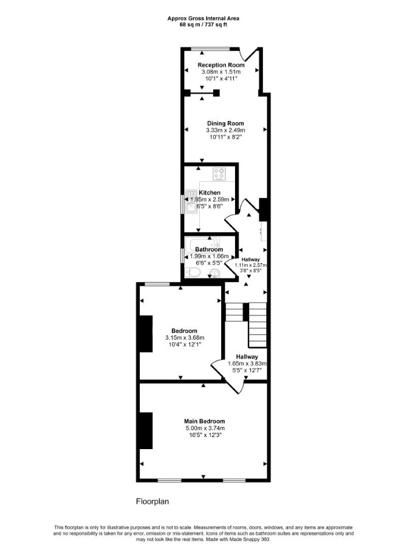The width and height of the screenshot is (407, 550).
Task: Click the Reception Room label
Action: point(221,65)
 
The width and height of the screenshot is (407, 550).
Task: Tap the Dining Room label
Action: point(225,123)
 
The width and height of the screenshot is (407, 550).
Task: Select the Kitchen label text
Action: point(210,193)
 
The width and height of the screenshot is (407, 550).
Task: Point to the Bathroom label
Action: point(209,249)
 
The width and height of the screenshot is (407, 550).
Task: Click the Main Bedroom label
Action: point(205,421)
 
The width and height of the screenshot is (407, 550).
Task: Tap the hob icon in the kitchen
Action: point(220,174)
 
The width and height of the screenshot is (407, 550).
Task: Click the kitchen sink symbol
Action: point(191,202)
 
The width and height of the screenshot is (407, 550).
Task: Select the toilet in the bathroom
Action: point(193,272)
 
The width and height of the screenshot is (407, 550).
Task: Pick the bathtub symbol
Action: point(203,244)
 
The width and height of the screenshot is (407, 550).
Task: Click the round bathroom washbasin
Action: point(214,272)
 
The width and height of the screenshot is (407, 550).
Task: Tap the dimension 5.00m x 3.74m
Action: point(205,428)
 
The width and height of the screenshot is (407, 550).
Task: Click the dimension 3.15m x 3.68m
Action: point(185,338)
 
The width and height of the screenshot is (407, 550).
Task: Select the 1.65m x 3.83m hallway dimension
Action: point(247,364)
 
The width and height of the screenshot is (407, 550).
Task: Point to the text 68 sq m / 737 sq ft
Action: point(203,24)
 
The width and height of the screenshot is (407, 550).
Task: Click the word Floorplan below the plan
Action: point(152,501)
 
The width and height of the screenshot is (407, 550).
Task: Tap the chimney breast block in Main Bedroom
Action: point(146,431)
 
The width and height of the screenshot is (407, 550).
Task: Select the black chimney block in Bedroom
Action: point(146,334)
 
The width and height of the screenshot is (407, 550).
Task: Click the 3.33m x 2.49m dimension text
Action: point(225,131)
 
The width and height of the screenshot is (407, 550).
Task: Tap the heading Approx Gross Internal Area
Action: point(203,19)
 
